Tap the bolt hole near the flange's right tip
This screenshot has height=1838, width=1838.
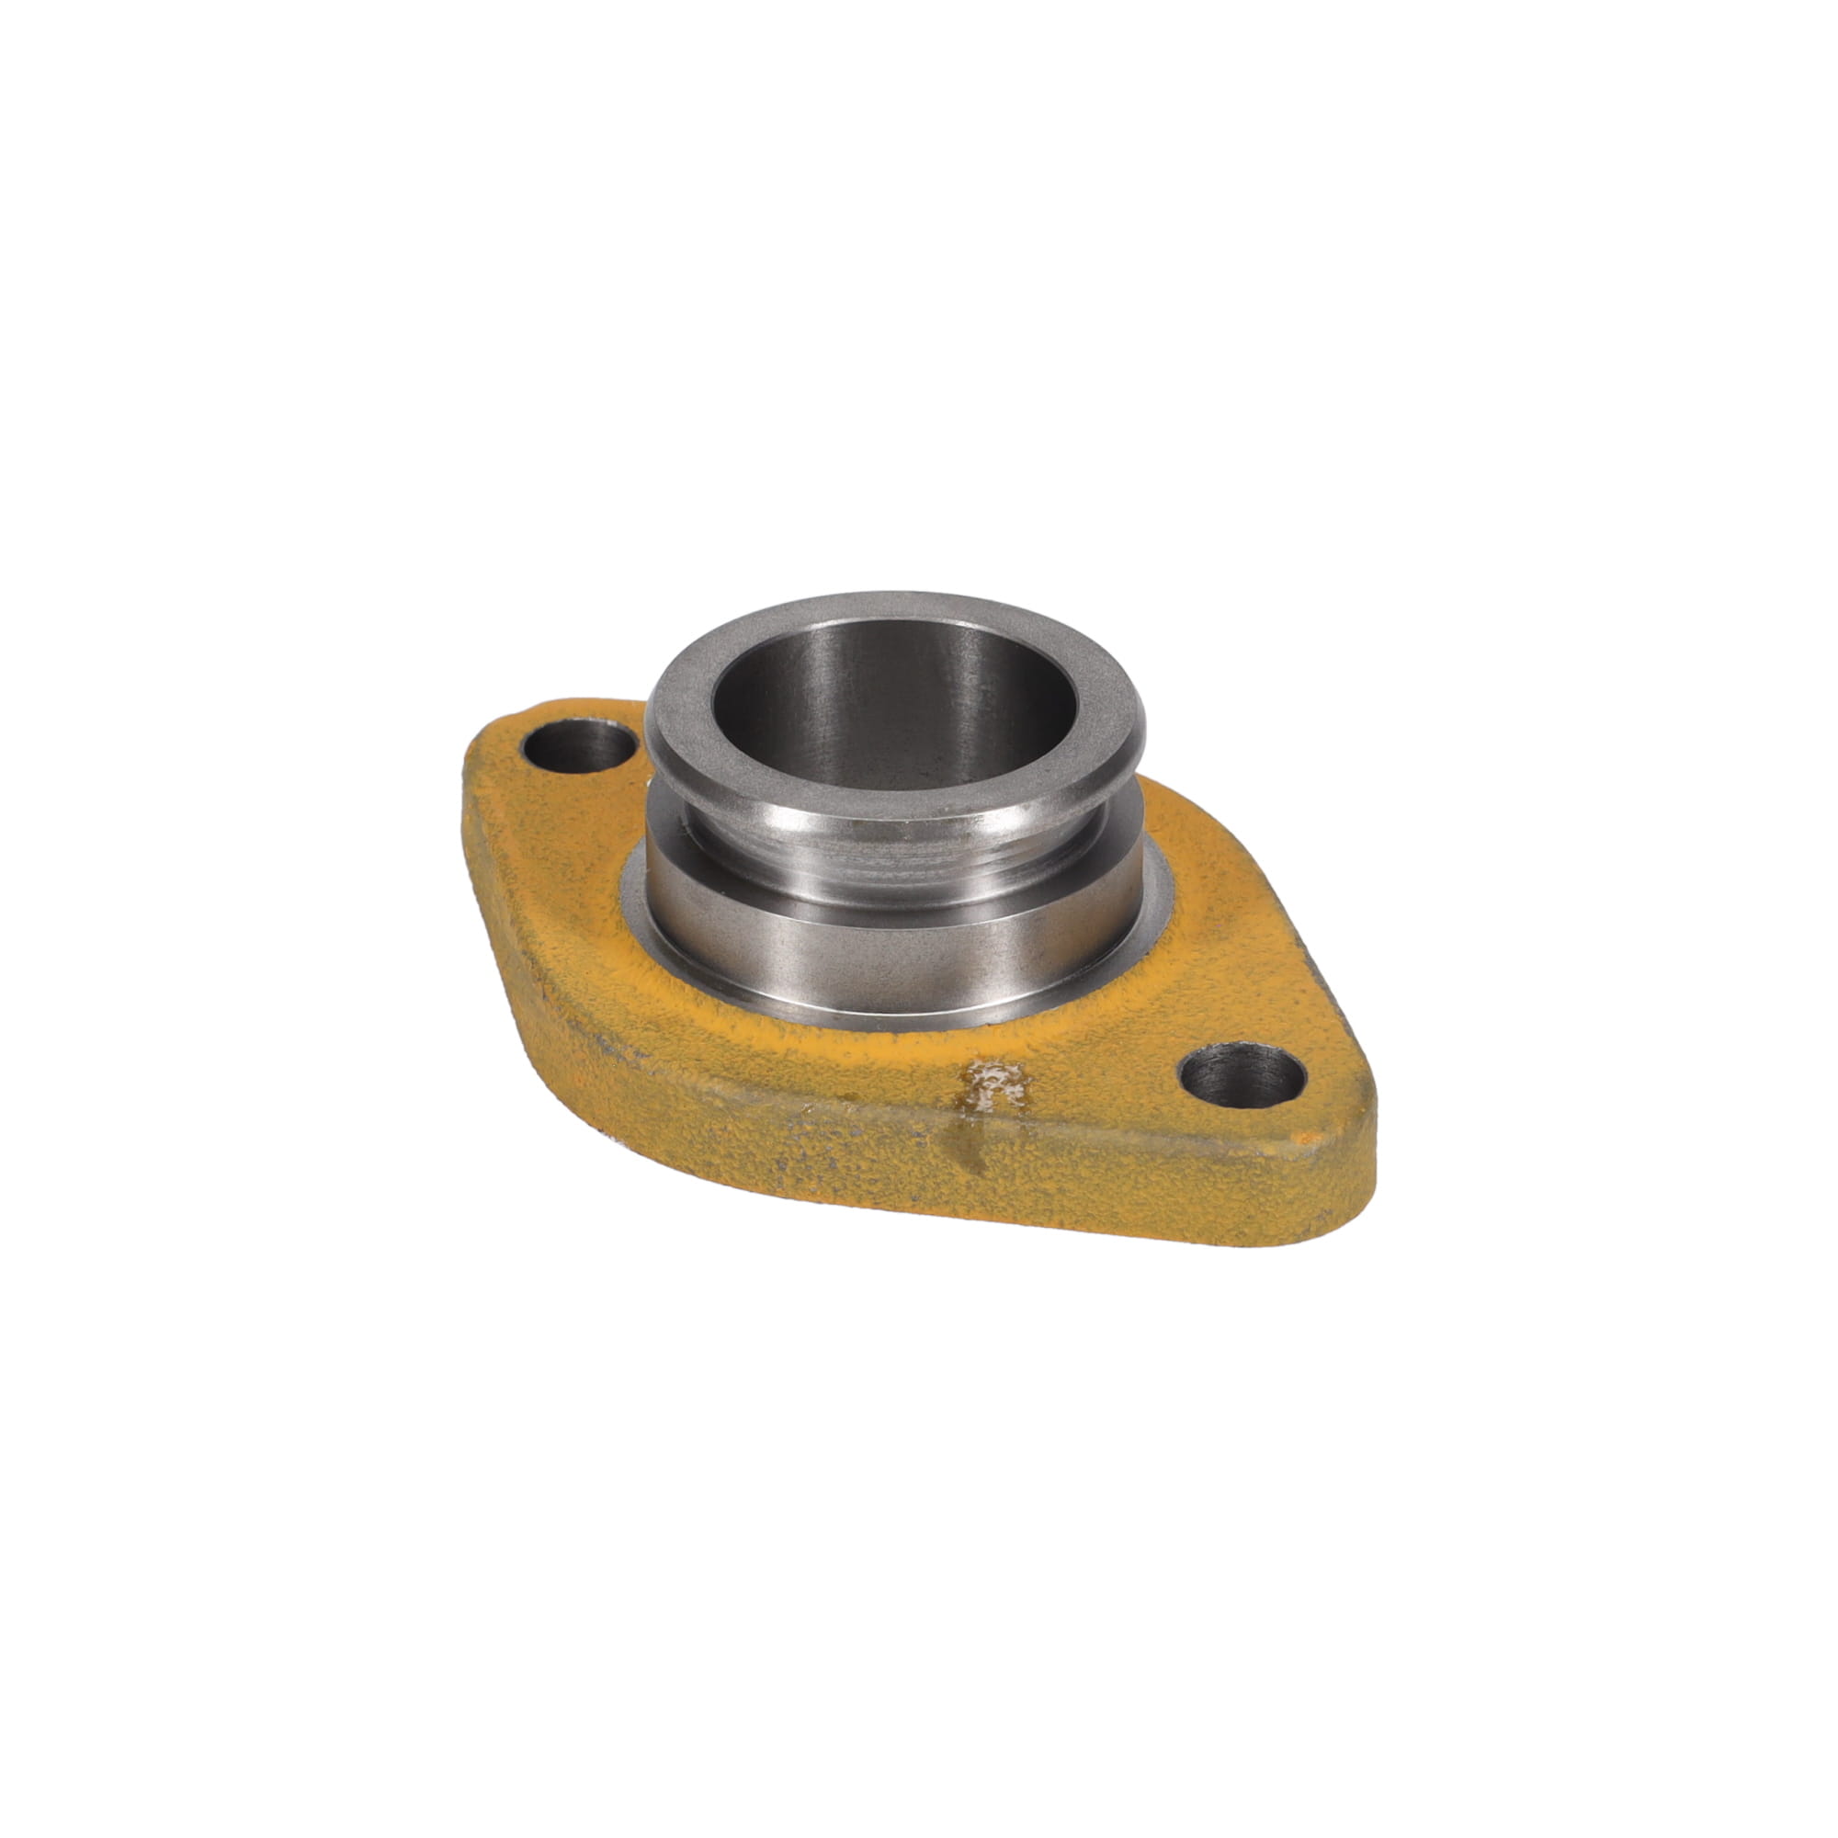[1241, 1075]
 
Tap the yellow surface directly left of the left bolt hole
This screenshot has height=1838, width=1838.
[494, 761]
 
